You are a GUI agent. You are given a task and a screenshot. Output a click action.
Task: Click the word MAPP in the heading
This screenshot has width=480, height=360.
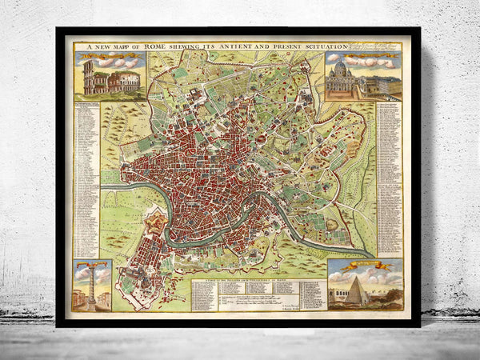pyautogui.click(x=122, y=46)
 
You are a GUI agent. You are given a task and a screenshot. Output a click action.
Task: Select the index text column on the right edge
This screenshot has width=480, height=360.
pyautogui.click(x=390, y=168)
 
